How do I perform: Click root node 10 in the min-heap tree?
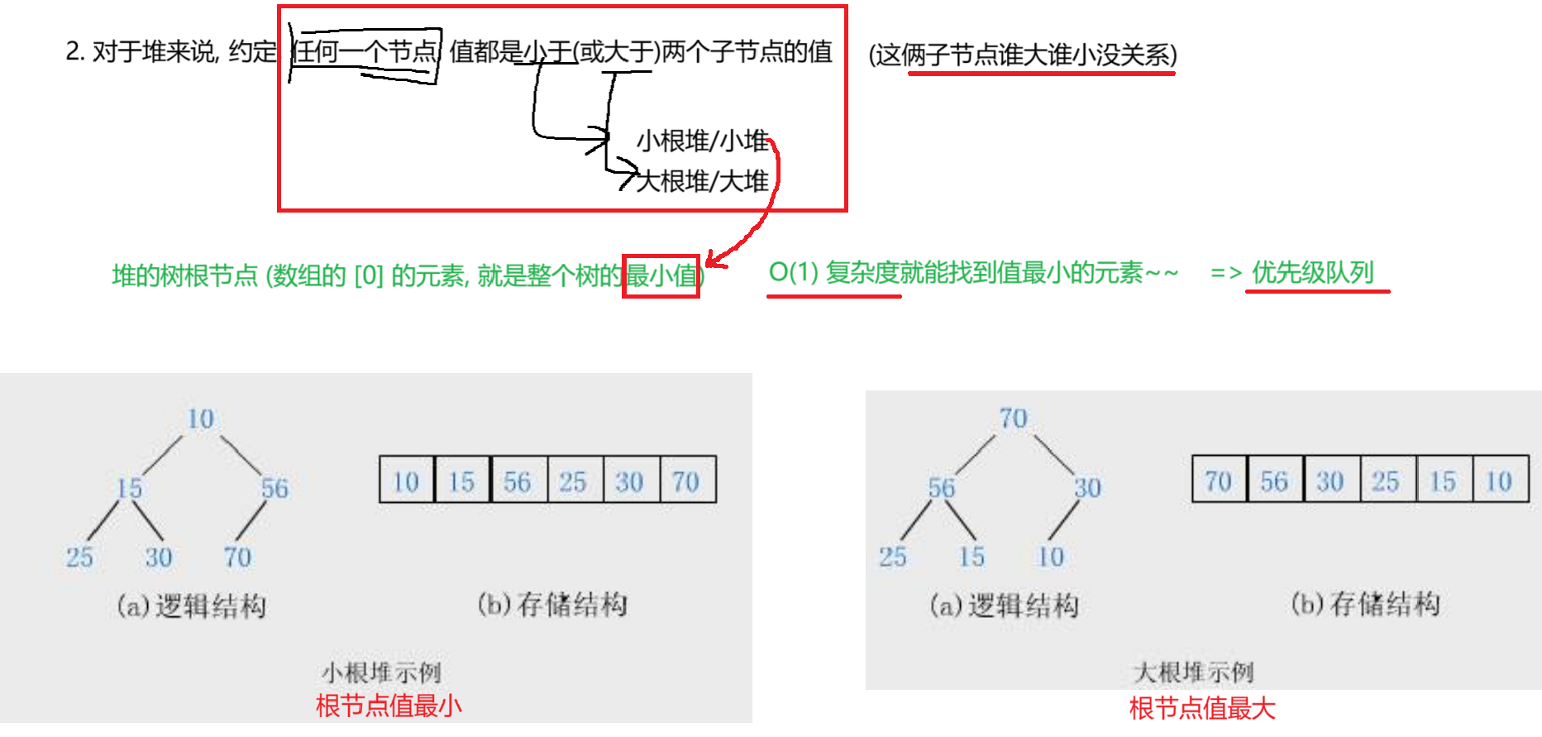tap(201, 419)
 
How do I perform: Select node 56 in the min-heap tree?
tap(275, 488)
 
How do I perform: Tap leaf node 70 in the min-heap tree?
tap(237, 557)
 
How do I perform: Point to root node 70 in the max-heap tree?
tap(1014, 419)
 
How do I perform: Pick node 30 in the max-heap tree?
tap(1087, 488)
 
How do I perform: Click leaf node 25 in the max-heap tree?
tap(893, 557)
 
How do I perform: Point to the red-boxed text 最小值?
tap(661, 275)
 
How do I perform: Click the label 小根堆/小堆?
tap(703, 141)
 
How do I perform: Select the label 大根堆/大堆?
tap(703, 180)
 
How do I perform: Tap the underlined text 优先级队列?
tap(1313, 272)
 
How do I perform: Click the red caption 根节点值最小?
tap(389, 706)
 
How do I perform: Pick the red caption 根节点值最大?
tap(1202, 708)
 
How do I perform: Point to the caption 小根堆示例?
tap(381, 672)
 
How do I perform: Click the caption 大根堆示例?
tap(1193, 672)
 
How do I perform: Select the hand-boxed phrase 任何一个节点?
tap(365, 52)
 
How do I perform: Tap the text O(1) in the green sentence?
tap(793, 272)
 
